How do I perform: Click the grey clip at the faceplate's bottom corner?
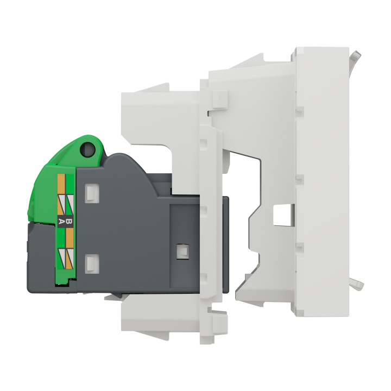357,283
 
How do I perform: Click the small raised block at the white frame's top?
217,98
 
